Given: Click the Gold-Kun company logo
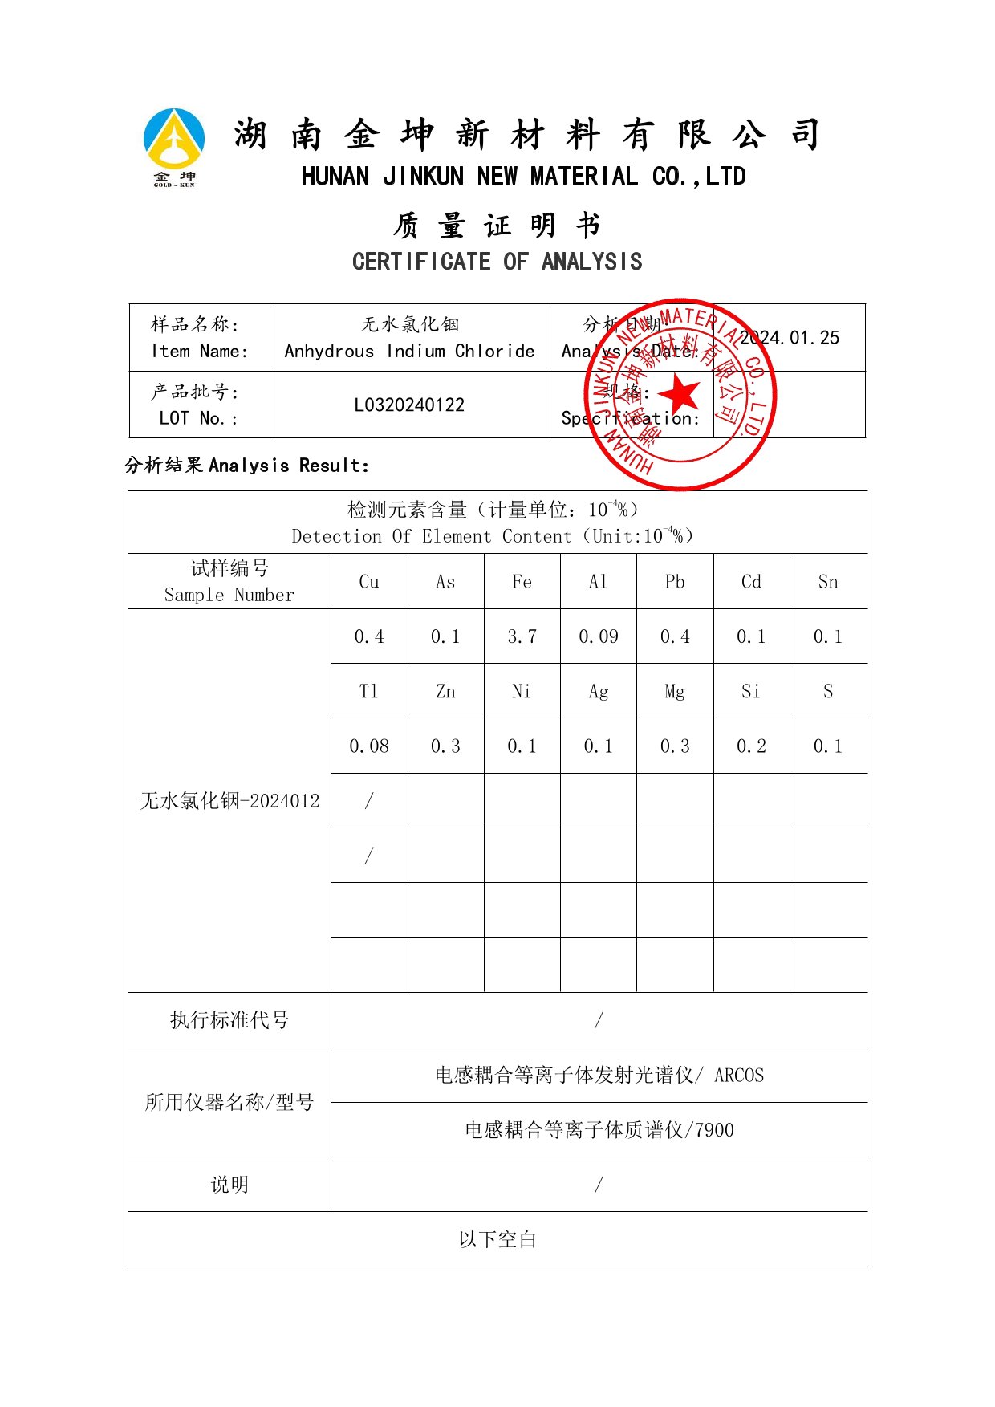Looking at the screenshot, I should [174, 146].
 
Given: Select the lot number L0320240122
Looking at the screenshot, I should [409, 405].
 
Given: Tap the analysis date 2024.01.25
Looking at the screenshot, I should [790, 338].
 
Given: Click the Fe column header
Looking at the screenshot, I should [522, 582].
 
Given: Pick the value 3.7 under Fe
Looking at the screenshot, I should [522, 636].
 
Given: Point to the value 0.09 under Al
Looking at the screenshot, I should [599, 636].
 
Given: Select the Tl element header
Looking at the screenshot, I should [369, 691].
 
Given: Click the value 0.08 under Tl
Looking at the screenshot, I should [369, 746].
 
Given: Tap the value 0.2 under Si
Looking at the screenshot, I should [751, 746].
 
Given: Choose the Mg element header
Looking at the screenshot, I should [675, 691].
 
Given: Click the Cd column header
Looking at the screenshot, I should [751, 582].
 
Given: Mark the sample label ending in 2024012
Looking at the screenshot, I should [229, 801].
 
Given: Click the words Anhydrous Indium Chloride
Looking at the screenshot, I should [409, 352].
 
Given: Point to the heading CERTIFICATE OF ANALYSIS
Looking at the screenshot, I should [497, 262].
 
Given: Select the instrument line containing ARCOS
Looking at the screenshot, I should [599, 1075].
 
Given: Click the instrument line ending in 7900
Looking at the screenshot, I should [599, 1130].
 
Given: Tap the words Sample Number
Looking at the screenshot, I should [229, 595].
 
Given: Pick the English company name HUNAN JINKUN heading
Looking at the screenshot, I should [523, 177].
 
